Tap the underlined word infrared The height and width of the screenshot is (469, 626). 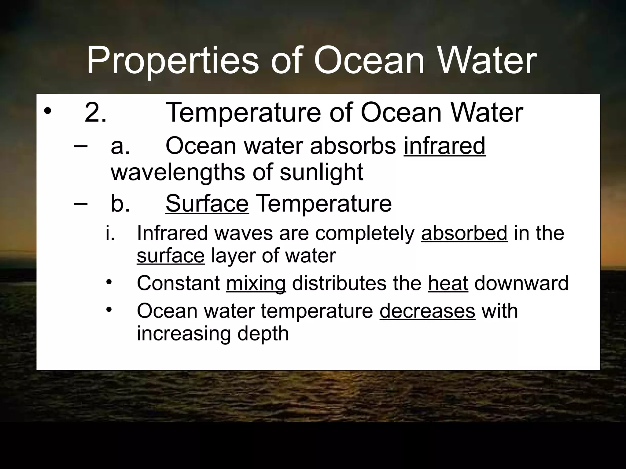coord(445,146)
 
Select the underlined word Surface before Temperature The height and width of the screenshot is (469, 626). coord(207,204)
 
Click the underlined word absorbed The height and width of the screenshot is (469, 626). coord(464,233)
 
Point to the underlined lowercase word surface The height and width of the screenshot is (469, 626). coord(171,256)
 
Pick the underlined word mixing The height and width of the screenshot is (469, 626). coord(256,283)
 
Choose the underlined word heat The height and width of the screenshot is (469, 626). coord(448,283)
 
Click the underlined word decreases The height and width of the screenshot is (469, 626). coord(427,311)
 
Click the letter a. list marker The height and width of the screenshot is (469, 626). coord(120,146)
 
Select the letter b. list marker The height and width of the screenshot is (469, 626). coord(120,204)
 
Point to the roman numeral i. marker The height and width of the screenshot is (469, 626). coord(110,233)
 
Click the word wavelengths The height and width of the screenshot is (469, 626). coord(178,172)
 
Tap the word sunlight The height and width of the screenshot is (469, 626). coord(321,172)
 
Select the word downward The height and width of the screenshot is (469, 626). coord(521,283)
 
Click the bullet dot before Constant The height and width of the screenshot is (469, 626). coord(109,282)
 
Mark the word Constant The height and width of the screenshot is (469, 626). coord(178,283)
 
